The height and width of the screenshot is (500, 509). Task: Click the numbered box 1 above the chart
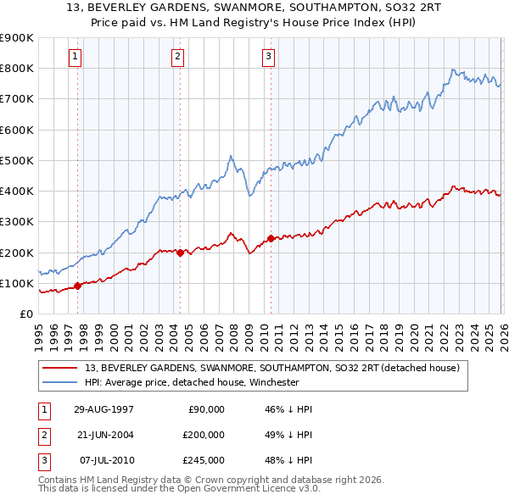(x=76, y=57)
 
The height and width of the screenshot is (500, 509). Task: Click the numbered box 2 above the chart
(x=177, y=57)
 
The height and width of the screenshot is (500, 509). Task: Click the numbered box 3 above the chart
(x=268, y=57)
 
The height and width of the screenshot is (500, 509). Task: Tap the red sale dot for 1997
(x=78, y=286)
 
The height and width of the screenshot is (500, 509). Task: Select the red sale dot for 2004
(x=181, y=253)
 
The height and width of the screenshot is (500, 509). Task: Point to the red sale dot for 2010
(x=271, y=238)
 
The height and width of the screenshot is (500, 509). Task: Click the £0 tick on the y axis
(x=26, y=314)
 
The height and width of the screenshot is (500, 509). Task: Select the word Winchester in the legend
(x=273, y=382)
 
